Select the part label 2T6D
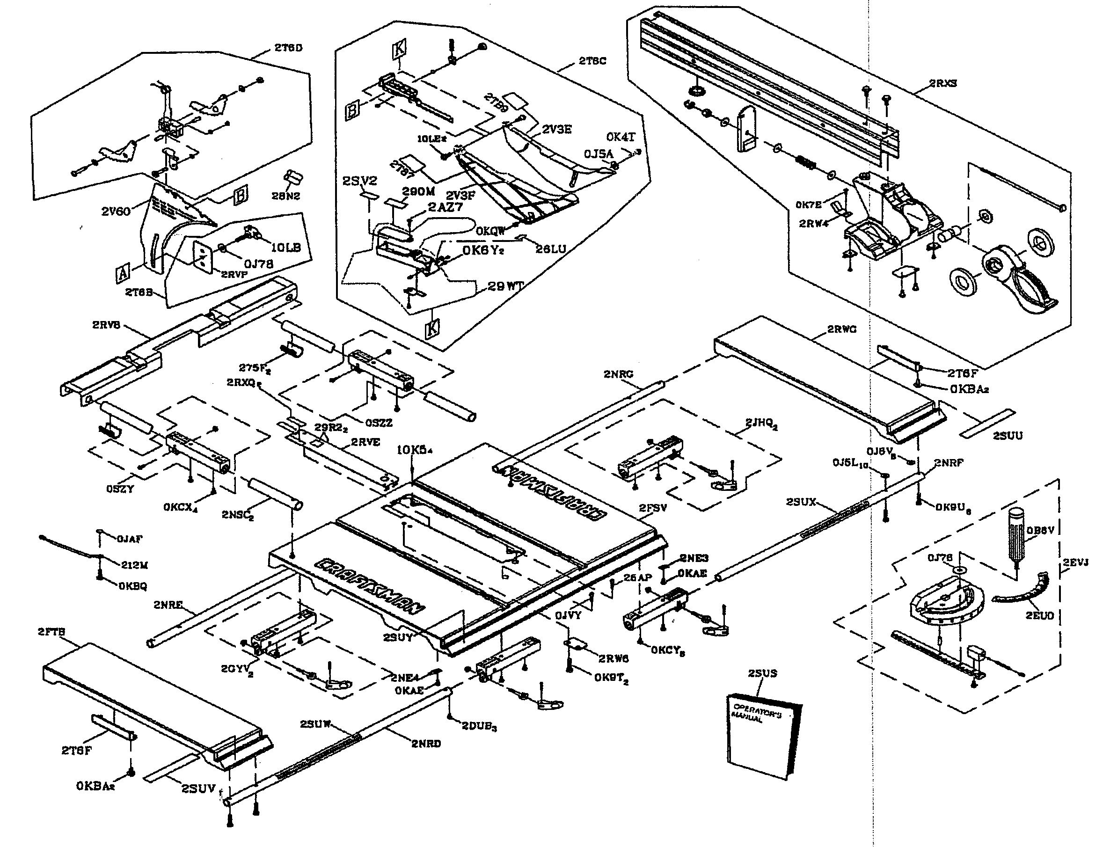(288, 48)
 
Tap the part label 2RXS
(942, 84)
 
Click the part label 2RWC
(841, 330)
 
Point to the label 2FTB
(51, 632)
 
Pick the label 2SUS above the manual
(762, 673)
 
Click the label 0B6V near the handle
(1040, 530)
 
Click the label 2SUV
(198, 788)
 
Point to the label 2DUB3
(479, 727)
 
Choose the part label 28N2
(286, 196)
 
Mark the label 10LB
(285, 248)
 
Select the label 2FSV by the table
(653, 508)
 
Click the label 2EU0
(1039, 615)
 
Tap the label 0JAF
(130, 539)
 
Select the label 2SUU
(1008, 436)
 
